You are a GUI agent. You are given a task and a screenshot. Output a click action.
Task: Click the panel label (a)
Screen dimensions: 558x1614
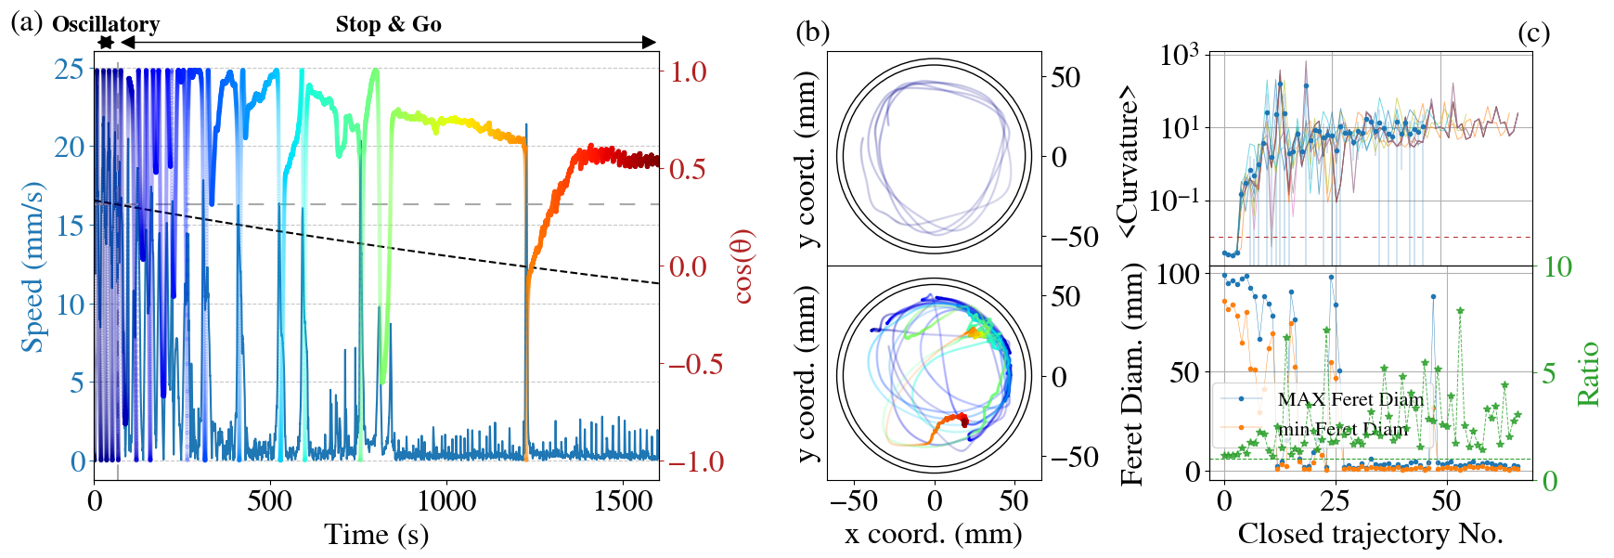tap(26, 22)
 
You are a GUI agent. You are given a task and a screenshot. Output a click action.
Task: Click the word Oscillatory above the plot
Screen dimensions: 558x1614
tap(106, 24)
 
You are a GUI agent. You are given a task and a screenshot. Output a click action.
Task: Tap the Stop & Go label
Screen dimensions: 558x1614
tap(388, 24)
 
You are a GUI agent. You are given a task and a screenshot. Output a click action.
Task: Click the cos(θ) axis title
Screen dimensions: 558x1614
tap(743, 266)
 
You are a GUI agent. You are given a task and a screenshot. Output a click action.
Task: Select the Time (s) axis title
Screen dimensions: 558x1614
tap(376, 535)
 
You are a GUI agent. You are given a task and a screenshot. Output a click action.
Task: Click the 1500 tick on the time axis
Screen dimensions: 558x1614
tap(623, 501)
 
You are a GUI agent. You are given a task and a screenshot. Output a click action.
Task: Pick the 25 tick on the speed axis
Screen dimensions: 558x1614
tap(69, 69)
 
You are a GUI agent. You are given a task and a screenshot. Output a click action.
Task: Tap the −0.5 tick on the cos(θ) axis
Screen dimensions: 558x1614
tap(696, 364)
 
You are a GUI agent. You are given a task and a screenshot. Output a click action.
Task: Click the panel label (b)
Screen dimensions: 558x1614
tap(812, 32)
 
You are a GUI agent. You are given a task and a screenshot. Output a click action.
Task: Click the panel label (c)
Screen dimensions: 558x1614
tap(1533, 32)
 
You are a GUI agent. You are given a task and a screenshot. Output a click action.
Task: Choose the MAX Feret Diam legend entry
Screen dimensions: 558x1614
tap(1349, 399)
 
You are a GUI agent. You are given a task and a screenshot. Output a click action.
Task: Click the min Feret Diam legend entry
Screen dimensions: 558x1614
tap(1343, 429)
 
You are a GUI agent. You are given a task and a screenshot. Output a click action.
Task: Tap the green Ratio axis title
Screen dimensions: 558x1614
tap(1589, 373)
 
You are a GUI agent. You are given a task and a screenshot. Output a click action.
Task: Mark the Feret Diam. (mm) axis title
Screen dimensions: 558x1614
tap(1130, 373)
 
